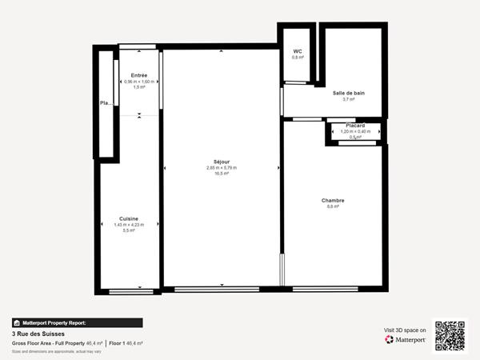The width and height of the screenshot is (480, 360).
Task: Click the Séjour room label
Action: [222, 162]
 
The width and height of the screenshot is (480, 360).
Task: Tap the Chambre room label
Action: [333, 200]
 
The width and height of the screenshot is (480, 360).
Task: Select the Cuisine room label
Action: [129, 218]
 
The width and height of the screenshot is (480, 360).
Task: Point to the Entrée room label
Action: [139, 75]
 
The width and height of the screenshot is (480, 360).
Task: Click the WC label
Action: [298, 51]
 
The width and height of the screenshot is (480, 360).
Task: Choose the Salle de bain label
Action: [349, 93]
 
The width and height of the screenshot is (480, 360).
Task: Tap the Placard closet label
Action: [355, 126]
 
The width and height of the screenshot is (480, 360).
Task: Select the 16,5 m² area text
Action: [222, 174]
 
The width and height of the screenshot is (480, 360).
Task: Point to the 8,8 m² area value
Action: [333, 207]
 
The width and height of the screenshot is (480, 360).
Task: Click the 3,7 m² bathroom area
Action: [349, 100]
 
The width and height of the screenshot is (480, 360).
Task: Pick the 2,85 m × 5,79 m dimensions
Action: [222, 168]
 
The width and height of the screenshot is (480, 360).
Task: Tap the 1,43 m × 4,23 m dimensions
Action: [129, 225]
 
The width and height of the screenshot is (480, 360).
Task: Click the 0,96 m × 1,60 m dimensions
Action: [139, 82]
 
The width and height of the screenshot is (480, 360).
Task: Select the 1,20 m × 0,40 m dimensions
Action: [355, 131]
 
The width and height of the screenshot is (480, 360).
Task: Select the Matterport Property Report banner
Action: [77, 322]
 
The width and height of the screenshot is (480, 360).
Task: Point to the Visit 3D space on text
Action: [405, 329]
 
